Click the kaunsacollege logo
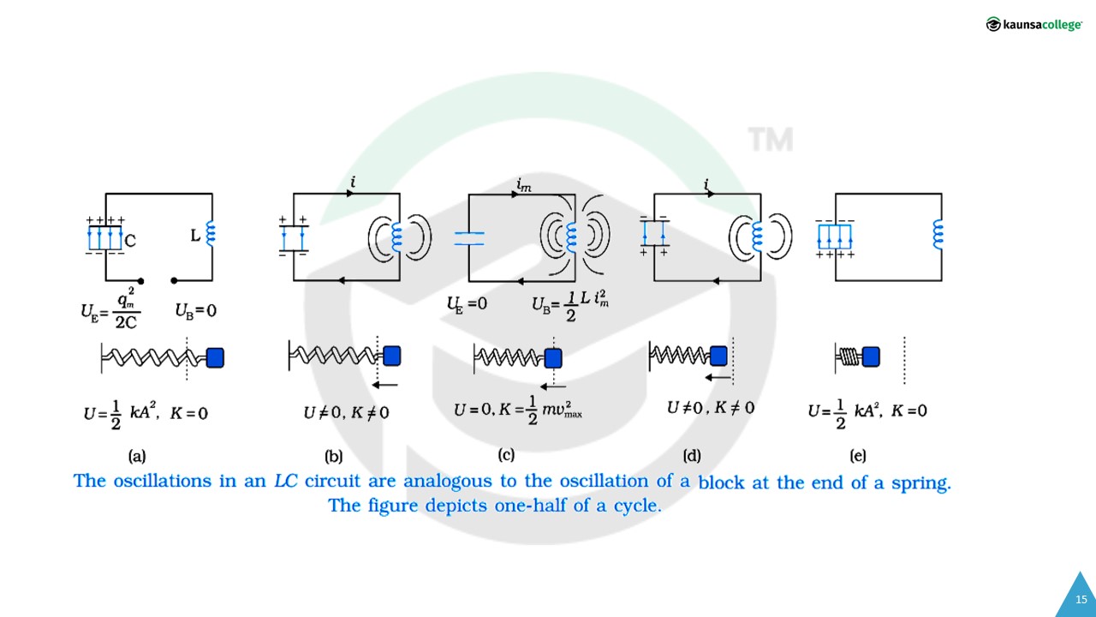tap(1033, 24)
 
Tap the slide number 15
tap(1081, 599)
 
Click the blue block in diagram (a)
tap(215, 357)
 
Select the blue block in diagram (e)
tap(872, 356)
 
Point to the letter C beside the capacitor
tap(130, 242)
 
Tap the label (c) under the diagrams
tap(506, 454)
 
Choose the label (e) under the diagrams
tap(857, 455)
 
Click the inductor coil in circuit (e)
tap(938, 232)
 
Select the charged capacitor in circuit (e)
tap(835, 237)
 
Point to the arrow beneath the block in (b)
tap(386, 385)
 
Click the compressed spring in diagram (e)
tap(848, 356)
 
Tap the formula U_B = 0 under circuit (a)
tap(195, 310)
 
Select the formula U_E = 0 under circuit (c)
tap(467, 303)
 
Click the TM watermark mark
tap(770, 140)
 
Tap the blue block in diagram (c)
tap(553, 357)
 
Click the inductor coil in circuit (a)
tap(210, 233)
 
